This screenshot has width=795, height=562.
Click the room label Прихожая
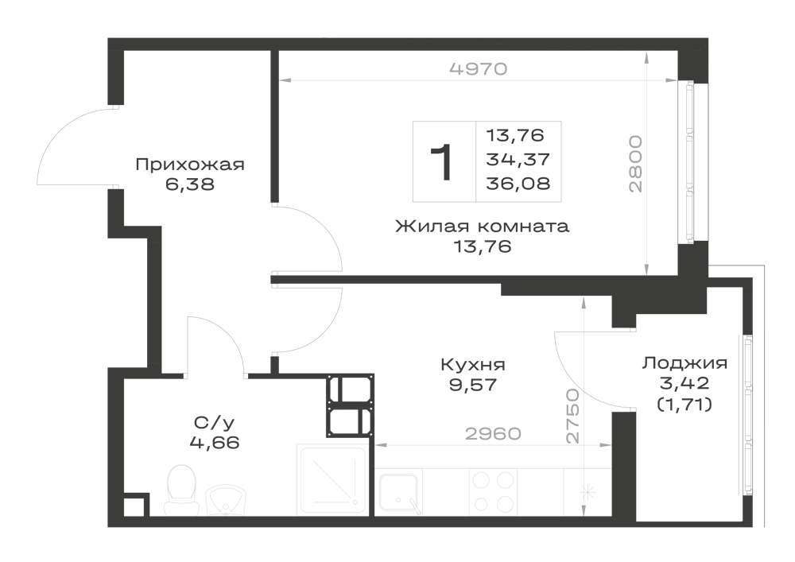pos(190,165)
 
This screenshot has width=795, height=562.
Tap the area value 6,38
pos(190,184)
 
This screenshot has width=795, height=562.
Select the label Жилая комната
pos(483,226)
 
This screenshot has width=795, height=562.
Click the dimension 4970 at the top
pos(479,68)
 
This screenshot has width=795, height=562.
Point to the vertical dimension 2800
pos(635,164)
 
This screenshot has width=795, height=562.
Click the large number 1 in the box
pos(441,162)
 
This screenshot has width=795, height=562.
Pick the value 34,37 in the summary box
pos(518,159)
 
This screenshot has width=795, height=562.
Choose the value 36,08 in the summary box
pos(518,183)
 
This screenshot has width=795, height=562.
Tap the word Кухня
pos(473,364)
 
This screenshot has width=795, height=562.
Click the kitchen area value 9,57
pos(472,386)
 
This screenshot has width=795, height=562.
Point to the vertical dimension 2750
pos(573,417)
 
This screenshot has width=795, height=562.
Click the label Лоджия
pos(685,362)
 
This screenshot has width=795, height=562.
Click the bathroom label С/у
pos(215,422)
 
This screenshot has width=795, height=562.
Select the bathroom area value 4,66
pos(215,444)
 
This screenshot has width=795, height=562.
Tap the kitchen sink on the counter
pos(401,491)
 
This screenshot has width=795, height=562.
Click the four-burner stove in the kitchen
pos(493,491)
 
